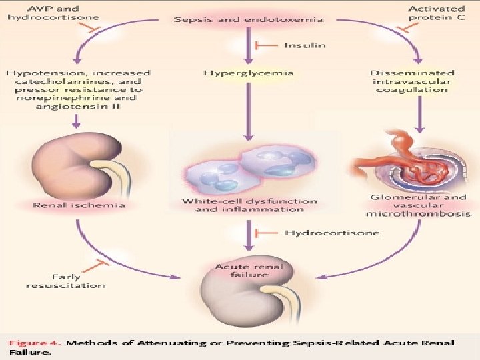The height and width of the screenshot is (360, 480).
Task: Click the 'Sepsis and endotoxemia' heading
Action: tap(249, 20)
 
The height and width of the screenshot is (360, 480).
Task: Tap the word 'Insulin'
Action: tap(305, 45)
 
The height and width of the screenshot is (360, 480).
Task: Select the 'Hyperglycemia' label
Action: tap(248, 72)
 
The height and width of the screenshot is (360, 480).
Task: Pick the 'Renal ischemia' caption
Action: tap(79, 205)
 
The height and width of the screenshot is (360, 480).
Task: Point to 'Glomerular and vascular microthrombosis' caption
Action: tap(418, 205)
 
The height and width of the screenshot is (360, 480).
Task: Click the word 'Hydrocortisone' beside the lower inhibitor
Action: tap(332, 233)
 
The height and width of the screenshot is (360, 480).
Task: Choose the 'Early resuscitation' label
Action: tap(66, 281)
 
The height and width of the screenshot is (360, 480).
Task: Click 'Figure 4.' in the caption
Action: tap(34, 343)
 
